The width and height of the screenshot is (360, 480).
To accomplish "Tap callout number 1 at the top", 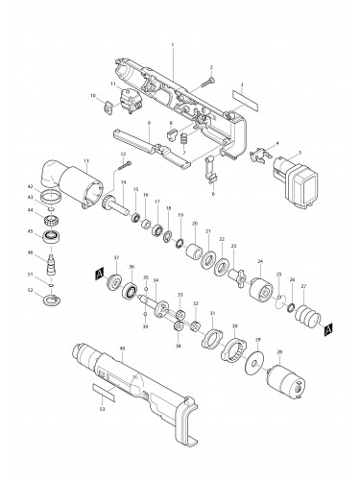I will click(173, 46).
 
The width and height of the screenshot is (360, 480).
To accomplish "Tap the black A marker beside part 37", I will click(98, 275).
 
